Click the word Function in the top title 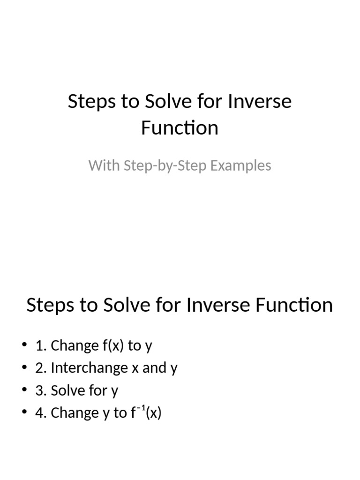point(180,128)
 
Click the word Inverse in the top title point(260,101)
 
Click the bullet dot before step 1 point(24,345)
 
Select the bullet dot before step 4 point(24,412)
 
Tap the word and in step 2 point(154,368)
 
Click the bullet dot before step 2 point(24,368)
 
